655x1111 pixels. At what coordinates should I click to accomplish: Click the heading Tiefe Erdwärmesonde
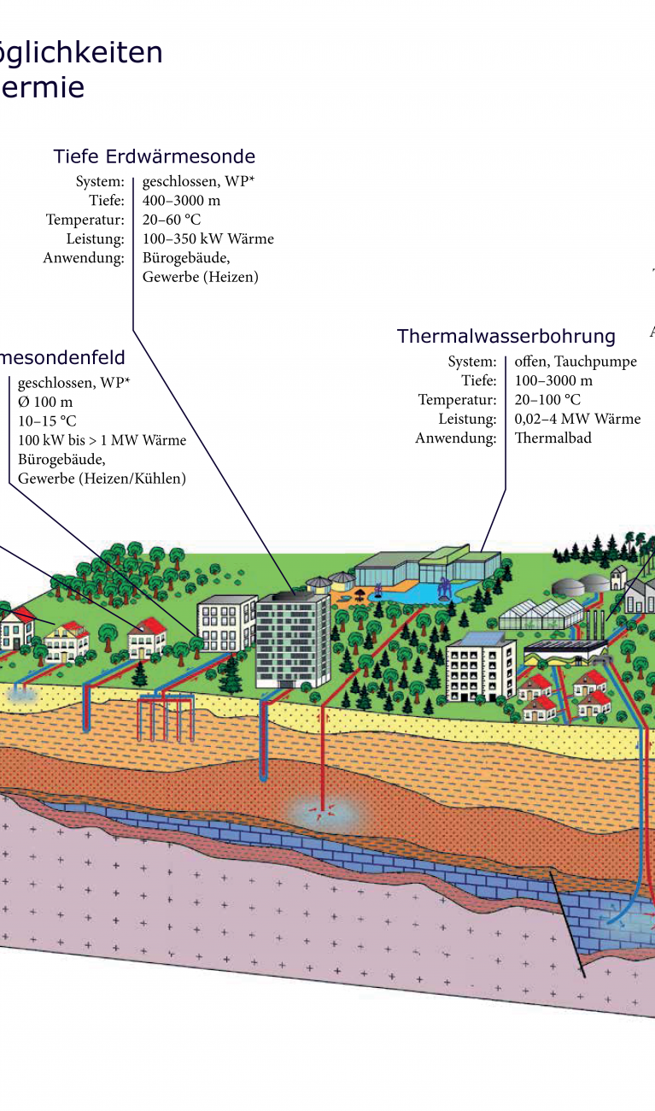point(154,156)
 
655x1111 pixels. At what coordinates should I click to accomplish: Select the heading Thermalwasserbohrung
point(506,336)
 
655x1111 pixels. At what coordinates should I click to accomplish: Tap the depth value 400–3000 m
point(181,201)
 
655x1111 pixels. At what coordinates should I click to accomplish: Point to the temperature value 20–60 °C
point(172,220)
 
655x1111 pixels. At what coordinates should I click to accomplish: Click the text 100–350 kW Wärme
point(208,238)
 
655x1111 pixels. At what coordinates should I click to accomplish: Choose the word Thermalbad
point(553,438)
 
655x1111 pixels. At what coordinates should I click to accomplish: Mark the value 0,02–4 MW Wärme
point(577,419)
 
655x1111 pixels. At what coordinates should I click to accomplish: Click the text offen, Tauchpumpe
point(576,362)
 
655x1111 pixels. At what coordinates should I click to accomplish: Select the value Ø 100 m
point(45,402)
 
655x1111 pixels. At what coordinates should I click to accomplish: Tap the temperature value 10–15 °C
point(47,421)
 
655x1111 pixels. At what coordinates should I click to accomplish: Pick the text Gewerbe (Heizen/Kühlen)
point(102,479)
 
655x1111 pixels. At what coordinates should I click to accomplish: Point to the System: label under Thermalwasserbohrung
point(471,362)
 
